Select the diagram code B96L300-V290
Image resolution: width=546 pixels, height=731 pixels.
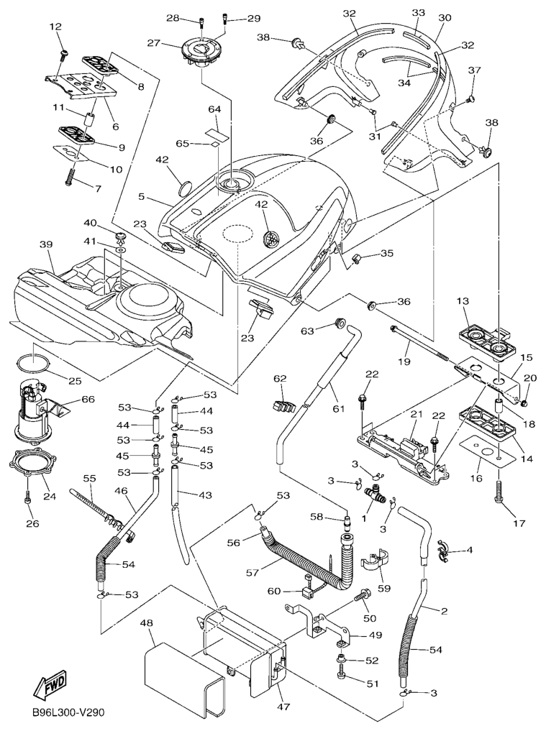point(68,713)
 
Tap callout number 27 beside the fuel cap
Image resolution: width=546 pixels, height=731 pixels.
point(153,43)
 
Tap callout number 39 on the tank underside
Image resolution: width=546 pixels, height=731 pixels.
point(46,245)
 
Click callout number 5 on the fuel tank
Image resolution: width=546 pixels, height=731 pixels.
point(142,196)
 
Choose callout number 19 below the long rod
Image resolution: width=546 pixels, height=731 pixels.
point(404,362)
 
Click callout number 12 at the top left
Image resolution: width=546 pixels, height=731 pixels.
point(55,27)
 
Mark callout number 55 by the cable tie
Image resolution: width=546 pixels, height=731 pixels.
point(89,478)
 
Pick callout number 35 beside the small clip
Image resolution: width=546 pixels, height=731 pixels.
point(388,253)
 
